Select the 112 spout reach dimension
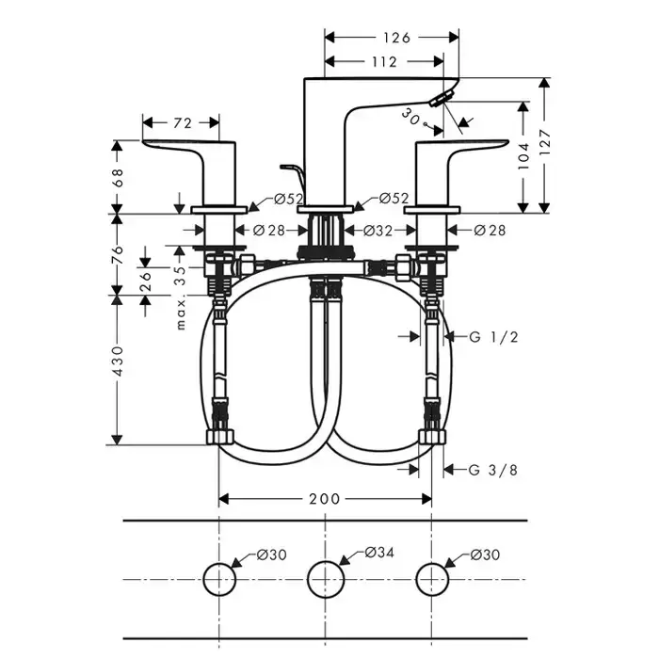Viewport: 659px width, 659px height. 384,63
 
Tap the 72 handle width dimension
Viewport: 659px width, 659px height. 183,122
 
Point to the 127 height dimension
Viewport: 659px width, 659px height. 555,143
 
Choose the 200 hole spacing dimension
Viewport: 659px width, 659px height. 324,499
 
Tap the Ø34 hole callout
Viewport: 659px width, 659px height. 378,552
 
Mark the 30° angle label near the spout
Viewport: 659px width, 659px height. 410,115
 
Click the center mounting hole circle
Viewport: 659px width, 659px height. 325,577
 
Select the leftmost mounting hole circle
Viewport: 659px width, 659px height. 218,577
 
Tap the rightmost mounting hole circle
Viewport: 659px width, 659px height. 431,577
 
